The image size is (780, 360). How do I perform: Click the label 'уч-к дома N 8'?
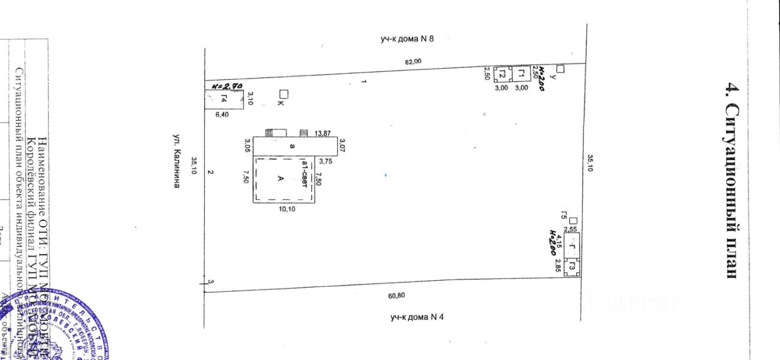pyautogui.click(x=406, y=40)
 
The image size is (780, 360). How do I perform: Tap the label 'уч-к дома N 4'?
pyautogui.click(x=417, y=317)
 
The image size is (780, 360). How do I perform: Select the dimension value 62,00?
pyautogui.click(x=414, y=60)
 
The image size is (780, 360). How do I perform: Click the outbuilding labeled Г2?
pyautogui.click(x=502, y=74)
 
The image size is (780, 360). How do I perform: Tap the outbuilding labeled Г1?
pyautogui.click(x=522, y=74)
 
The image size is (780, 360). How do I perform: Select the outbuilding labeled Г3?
pyautogui.click(x=572, y=267)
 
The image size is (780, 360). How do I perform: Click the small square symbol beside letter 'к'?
pyautogui.click(x=283, y=94)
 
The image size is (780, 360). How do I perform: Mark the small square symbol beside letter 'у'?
pyautogui.click(x=561, y=69)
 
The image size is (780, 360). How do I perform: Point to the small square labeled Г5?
pyautogui.click(x=573, y=221)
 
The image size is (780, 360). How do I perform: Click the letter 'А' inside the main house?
pyautogui.click(x=280, y=178)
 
